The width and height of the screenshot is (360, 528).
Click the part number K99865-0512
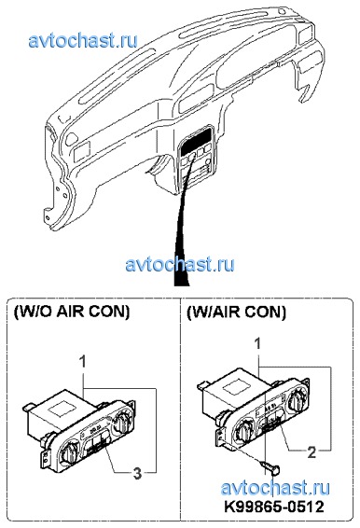[x=274, y=506]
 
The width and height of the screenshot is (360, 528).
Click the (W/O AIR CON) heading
[x=72, y=312]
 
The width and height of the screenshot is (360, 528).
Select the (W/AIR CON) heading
[x=236, y=312]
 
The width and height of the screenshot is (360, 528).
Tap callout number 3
[x=137, y=473]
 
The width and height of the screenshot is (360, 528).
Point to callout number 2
[x=312, y=452]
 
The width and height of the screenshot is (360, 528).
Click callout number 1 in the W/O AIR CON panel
[x=82, y=362]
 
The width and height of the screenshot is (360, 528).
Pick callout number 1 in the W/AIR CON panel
[x=258, y=344]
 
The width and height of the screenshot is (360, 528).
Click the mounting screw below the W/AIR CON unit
[x=270, y=467]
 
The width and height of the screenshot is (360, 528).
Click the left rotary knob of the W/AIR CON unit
[x=244, y=431]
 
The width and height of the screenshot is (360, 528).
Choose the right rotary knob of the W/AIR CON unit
[x=298, y=399]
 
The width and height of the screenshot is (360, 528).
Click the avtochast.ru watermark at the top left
[x=83, y=41]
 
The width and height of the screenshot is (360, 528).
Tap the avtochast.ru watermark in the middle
[x=180, y=264]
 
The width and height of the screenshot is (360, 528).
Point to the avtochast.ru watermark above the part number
[x=275, y=488]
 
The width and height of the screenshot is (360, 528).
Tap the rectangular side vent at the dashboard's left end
[x=82, y=151]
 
